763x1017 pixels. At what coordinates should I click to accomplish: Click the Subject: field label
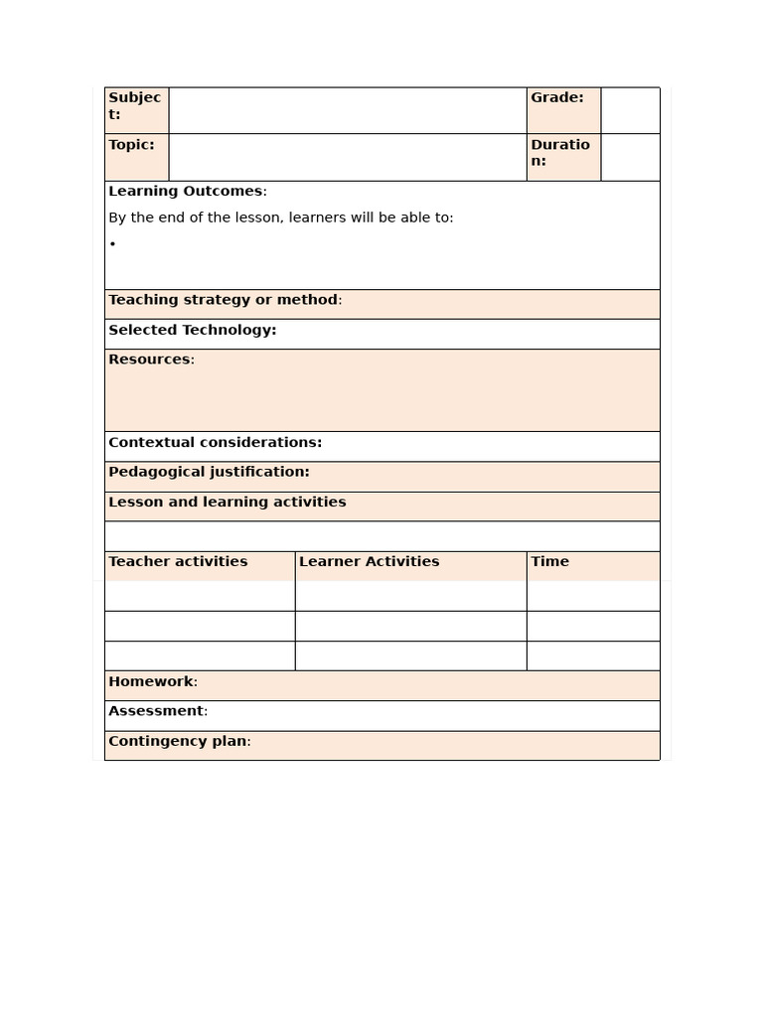tap(134, 105)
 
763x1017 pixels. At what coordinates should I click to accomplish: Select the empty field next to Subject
tap(347, 110)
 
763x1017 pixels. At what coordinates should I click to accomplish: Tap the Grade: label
tap(556, 97)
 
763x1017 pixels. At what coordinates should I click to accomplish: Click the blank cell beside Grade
tap(630, 110)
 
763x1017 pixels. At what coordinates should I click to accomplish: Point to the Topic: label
tap(131, 145)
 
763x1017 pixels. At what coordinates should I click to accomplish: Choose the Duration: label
tap(559, 152)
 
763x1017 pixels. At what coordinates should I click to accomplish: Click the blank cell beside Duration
tap(630, 157)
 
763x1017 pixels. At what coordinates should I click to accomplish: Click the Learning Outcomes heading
tap(186, 191)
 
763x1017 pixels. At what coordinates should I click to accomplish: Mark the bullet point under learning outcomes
tap(113, 244)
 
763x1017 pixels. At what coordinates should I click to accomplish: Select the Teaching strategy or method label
tap(224, 300)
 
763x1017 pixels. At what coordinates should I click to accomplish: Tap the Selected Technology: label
tap(192, 330)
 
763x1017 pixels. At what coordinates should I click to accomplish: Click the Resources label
tap(150, 360)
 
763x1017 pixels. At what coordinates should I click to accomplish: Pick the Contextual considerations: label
tap(215, 442)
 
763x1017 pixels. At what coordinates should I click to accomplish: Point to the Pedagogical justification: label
tap(209, 472)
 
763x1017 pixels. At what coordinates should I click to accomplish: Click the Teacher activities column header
tap(178, 561)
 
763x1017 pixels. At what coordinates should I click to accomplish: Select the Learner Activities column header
tap(369, 561)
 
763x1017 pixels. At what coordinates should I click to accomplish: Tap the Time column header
tap(549, 561)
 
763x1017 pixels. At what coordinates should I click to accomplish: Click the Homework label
tap(152, 681)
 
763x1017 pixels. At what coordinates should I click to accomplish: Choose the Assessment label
tap(157, 711)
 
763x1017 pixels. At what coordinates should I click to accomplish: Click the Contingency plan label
tap(178, 741)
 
